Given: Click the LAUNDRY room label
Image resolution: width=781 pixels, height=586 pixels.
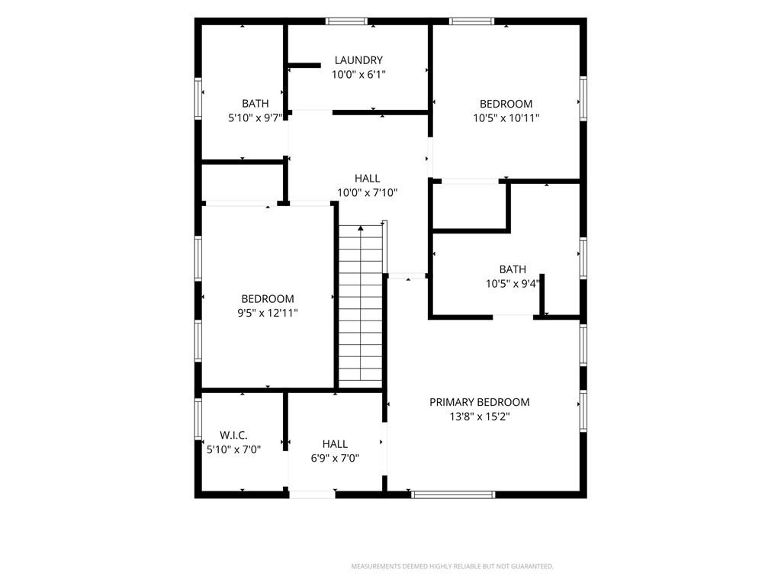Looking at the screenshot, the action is pos(358,60).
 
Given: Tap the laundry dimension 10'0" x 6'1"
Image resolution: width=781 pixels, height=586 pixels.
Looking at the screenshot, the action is pos(358,75).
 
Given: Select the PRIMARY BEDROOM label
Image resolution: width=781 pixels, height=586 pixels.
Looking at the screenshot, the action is pos(480,402).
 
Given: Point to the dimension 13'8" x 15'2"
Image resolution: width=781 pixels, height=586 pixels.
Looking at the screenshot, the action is pos(480,417).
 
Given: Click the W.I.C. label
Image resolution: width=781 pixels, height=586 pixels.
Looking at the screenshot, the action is pos(233,435).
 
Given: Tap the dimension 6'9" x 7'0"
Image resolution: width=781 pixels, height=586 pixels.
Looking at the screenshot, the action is pos(335,459).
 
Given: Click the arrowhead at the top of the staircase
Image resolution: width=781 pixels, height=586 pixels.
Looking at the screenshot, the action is pos(361,228).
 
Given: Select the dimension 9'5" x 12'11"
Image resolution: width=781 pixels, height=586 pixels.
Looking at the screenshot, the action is pos(268,314).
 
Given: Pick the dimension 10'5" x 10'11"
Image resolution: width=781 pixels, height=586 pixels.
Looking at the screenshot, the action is pos(506,118).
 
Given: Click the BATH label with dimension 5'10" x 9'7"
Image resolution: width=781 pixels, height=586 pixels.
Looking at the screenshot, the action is pos(255,104).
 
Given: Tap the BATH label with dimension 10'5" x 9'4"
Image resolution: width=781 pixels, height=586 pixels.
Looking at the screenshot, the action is pos(513,269).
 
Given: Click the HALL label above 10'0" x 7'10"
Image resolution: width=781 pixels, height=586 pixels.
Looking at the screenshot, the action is pos(367,179).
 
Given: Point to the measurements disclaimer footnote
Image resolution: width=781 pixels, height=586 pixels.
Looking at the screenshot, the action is pos(452,567).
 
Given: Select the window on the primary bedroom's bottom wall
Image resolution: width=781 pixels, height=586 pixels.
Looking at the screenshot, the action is pos(453,494).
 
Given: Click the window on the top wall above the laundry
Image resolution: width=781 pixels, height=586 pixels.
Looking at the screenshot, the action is pos(347,21).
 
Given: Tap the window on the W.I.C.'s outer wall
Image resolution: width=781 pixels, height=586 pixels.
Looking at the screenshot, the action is pos(198,419).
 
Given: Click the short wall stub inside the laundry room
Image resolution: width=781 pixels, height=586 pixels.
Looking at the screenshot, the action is pos(304,66).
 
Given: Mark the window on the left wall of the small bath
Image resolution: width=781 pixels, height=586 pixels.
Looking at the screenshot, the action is pos(198,98).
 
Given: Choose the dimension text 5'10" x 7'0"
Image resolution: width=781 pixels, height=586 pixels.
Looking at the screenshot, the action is pos(233,449).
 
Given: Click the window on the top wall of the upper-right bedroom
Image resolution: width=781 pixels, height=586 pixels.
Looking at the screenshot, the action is pos(471,21).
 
